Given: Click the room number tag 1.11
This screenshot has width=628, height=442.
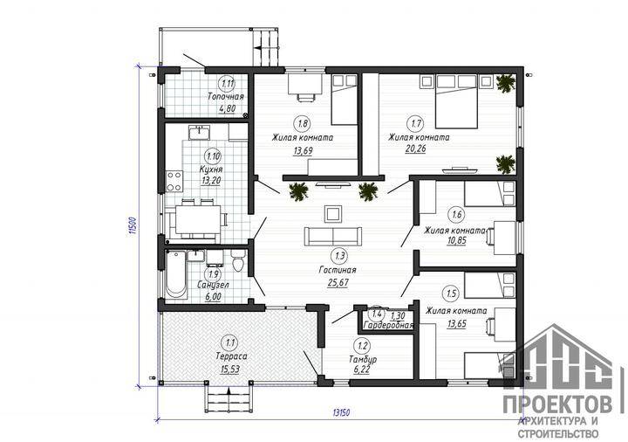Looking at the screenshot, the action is point(227,84).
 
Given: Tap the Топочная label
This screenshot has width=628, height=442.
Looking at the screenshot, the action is point(226,97).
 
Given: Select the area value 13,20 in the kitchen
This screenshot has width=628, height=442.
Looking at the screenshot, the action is point(212,181).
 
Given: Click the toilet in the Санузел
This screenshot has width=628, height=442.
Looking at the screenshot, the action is point(238,261).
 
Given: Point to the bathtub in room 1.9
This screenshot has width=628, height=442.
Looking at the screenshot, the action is point(176,274).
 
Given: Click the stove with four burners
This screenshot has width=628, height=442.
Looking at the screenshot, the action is point(174,182).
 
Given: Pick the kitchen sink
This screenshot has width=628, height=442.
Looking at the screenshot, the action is point(199,132).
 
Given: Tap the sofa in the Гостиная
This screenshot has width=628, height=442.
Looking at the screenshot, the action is point(333,236).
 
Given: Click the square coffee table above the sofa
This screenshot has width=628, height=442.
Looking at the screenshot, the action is point(333,213).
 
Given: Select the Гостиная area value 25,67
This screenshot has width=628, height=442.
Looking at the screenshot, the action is point(338,283).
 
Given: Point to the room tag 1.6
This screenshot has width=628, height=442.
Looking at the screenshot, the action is point(457,214).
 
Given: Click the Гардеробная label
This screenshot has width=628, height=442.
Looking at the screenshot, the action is point(388,325).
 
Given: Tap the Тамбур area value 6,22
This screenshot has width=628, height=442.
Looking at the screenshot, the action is point(362,369).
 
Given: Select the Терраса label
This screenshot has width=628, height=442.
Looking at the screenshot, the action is point(231,356).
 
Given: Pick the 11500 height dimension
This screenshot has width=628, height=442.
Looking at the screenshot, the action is point(133,226).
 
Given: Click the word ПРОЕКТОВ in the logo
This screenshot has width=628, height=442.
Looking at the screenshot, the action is point(557,404).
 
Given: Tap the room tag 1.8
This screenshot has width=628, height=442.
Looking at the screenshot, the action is point(303,123).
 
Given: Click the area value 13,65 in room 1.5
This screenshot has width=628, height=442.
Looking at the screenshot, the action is point(456,324).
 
